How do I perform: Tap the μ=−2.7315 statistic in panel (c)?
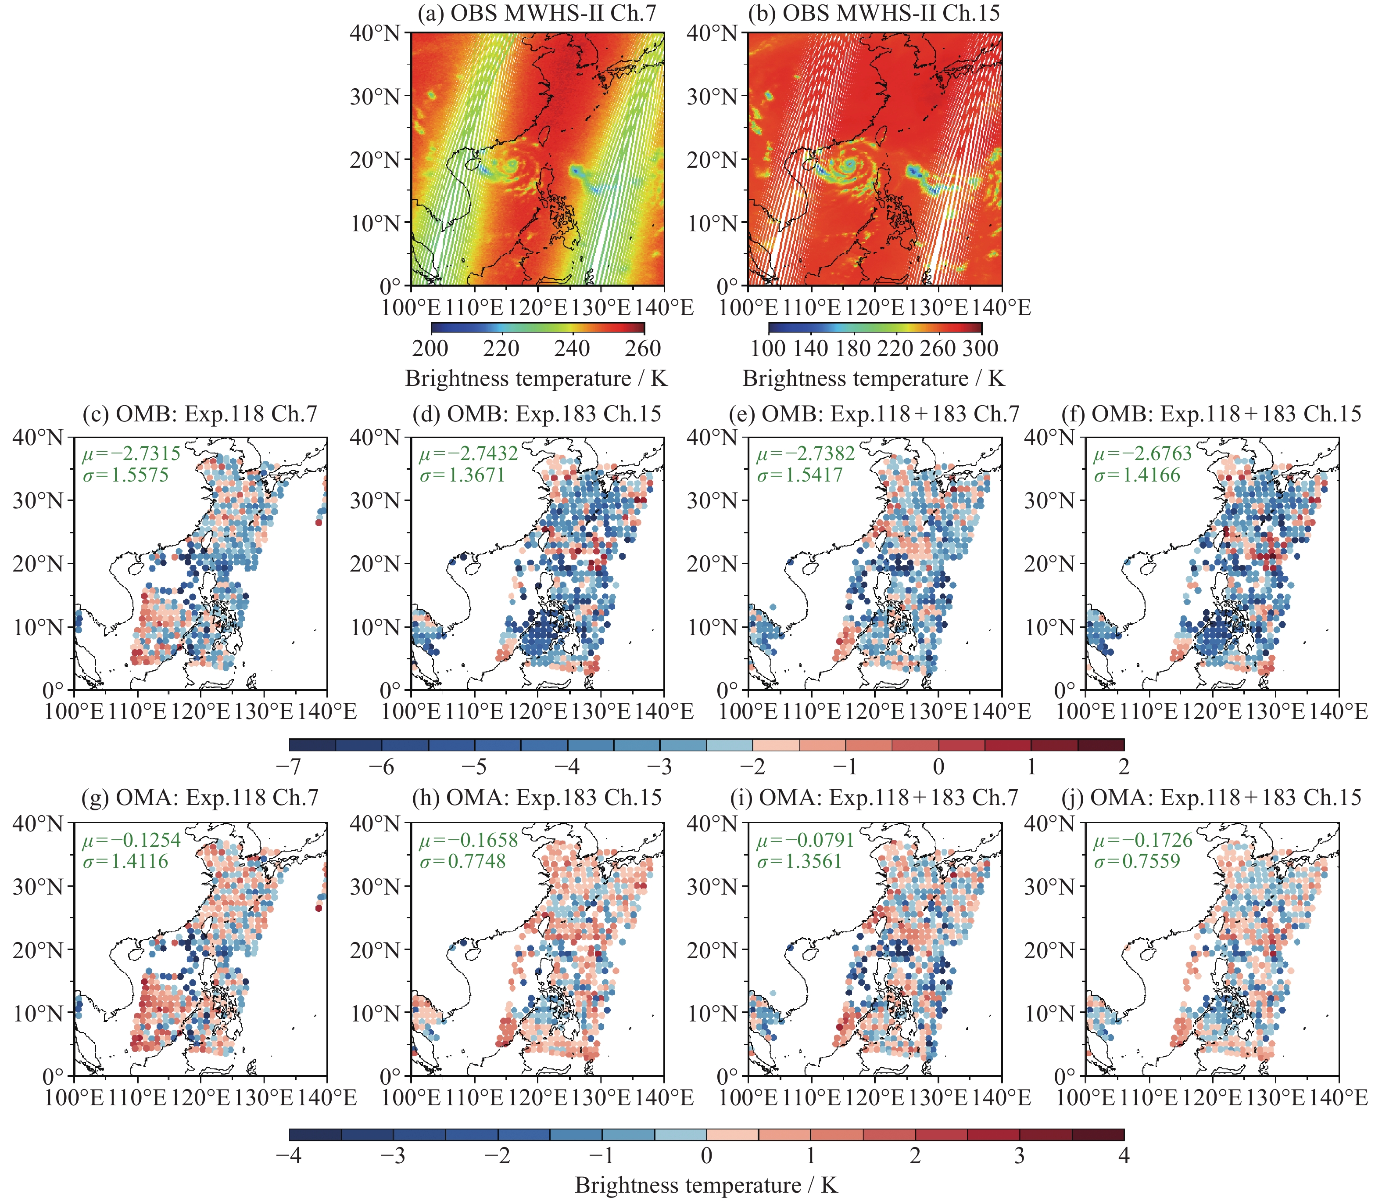[131, 454]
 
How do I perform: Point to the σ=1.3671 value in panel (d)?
[462, 475]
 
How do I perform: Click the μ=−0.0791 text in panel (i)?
[805, 841]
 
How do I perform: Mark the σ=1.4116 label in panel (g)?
[125, 861]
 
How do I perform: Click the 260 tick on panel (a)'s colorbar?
[643, 349]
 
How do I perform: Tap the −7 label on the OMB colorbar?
[290, 766]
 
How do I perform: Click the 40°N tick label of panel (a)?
[375, 33]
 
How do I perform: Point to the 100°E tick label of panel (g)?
[74, 1097]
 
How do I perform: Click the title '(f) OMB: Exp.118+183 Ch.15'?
[1211, 414]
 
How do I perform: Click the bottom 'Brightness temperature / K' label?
[706, 1185]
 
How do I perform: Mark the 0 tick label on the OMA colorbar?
[706, 1155]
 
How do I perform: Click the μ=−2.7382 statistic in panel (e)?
[805, 454]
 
